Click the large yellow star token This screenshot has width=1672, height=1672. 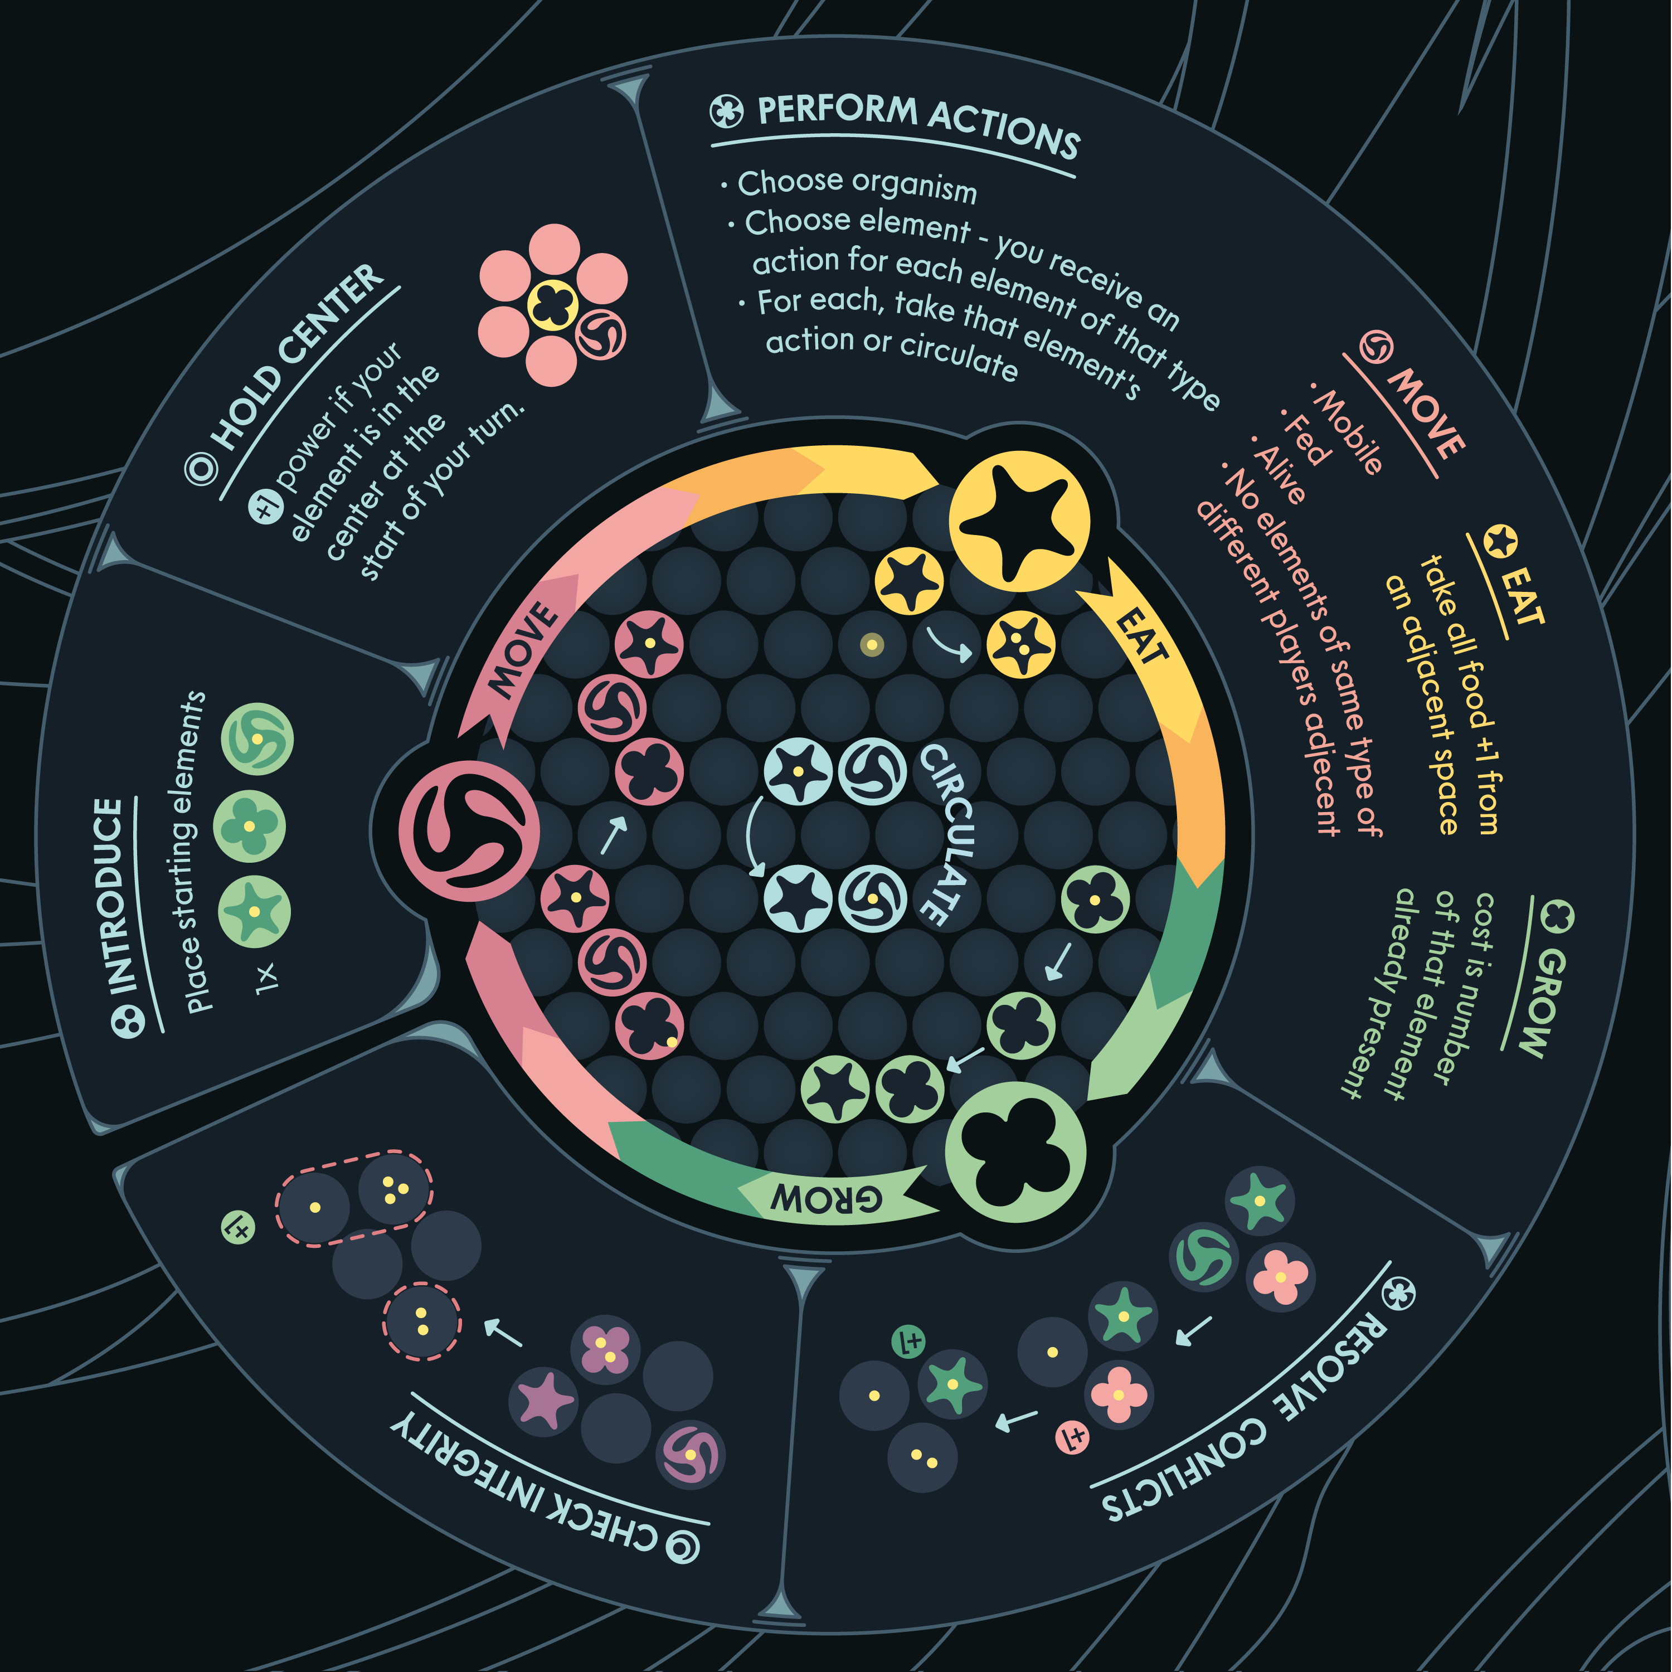click(1019, 521)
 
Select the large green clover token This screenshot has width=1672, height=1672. click(1015, 1151)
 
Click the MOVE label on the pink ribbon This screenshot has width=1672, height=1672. click(523, 650)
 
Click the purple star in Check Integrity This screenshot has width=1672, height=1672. click(543, 1399)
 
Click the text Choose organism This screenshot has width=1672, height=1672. click(857, 185)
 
